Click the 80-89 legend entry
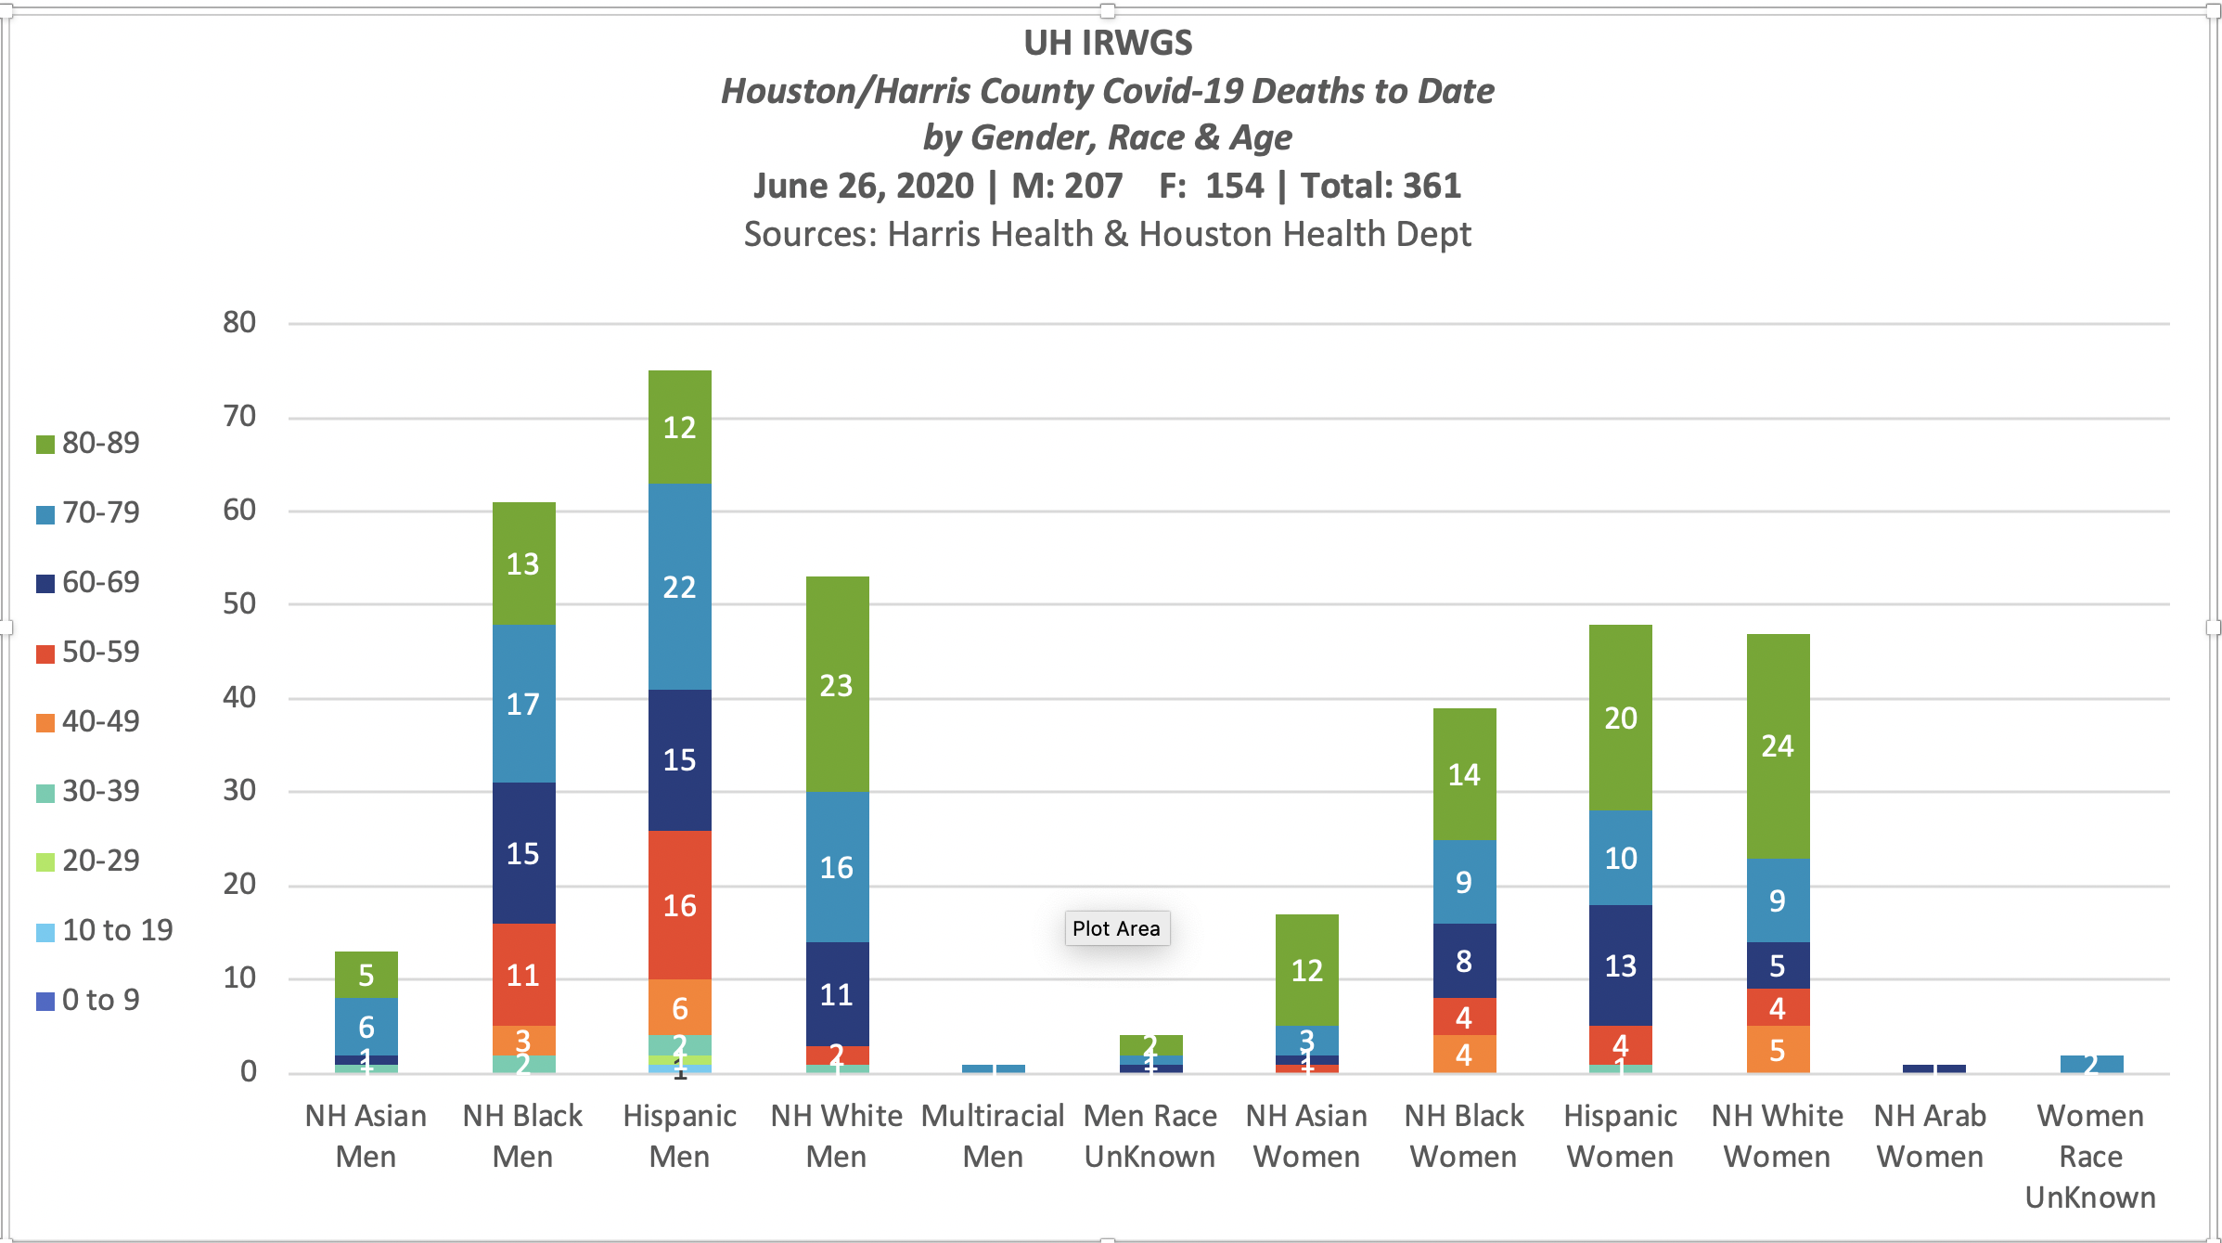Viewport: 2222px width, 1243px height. (x=89, y=443)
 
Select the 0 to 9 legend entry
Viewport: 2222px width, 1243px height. (x=89, y=1000)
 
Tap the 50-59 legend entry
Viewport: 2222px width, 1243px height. (x=89, y=652)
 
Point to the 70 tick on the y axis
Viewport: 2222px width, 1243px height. (x=239, y=416)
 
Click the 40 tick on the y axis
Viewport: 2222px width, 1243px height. (x=239, y=697)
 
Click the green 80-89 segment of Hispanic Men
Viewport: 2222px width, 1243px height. (x=679, y=427)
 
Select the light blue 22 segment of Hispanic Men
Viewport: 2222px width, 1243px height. (x=679, y=587)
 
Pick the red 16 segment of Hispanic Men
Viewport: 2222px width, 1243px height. (x=679, y=905)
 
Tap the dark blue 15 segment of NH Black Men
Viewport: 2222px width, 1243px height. (x=523, y=853)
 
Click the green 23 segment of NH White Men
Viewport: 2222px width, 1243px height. (x=837, y=685)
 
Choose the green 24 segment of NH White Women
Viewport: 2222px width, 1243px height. (x=1778, y=745)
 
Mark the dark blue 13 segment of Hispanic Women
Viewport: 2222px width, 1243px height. (x=1621, y=965)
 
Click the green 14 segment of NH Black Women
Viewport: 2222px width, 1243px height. (x=1464, y=774)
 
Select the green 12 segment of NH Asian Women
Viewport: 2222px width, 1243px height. (x=1307, y=970)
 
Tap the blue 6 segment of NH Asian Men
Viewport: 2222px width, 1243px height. (x=366, y=1027)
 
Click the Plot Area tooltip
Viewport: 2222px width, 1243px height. (x=1116, y=928)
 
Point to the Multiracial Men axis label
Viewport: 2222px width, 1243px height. (x=993, y=1135)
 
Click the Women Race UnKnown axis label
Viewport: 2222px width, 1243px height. (x=2090, y=1156)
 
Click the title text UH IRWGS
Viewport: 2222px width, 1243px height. (x=1108, y=43)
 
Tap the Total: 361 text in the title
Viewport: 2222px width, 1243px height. (x=1381, y=186)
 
